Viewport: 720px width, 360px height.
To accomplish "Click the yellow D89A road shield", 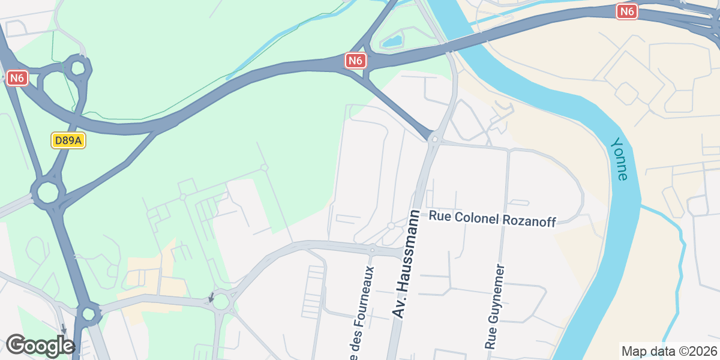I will coord(68,141).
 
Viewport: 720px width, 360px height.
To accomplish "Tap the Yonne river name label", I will coord(619,159).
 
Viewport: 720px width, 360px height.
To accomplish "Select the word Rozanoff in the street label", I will coord(529,220).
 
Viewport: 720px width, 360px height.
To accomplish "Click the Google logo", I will coord(40,346).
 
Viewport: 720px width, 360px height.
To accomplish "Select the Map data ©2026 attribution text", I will coord(669,351).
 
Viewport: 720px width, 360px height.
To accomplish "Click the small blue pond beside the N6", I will coord(392,41).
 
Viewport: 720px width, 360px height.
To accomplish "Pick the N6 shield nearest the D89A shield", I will coord(18,78).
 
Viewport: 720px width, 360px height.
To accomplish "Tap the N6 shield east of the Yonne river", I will coord(627,11).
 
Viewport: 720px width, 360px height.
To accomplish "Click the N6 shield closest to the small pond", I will coord(356,61).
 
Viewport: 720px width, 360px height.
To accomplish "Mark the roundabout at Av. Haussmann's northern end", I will coord(434,139).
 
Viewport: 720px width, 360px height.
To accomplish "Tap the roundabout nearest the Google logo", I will coord(89,313).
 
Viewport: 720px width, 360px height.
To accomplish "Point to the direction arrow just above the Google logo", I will coord(64,329).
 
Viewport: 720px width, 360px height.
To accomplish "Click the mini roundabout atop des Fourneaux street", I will coord(372,249).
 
